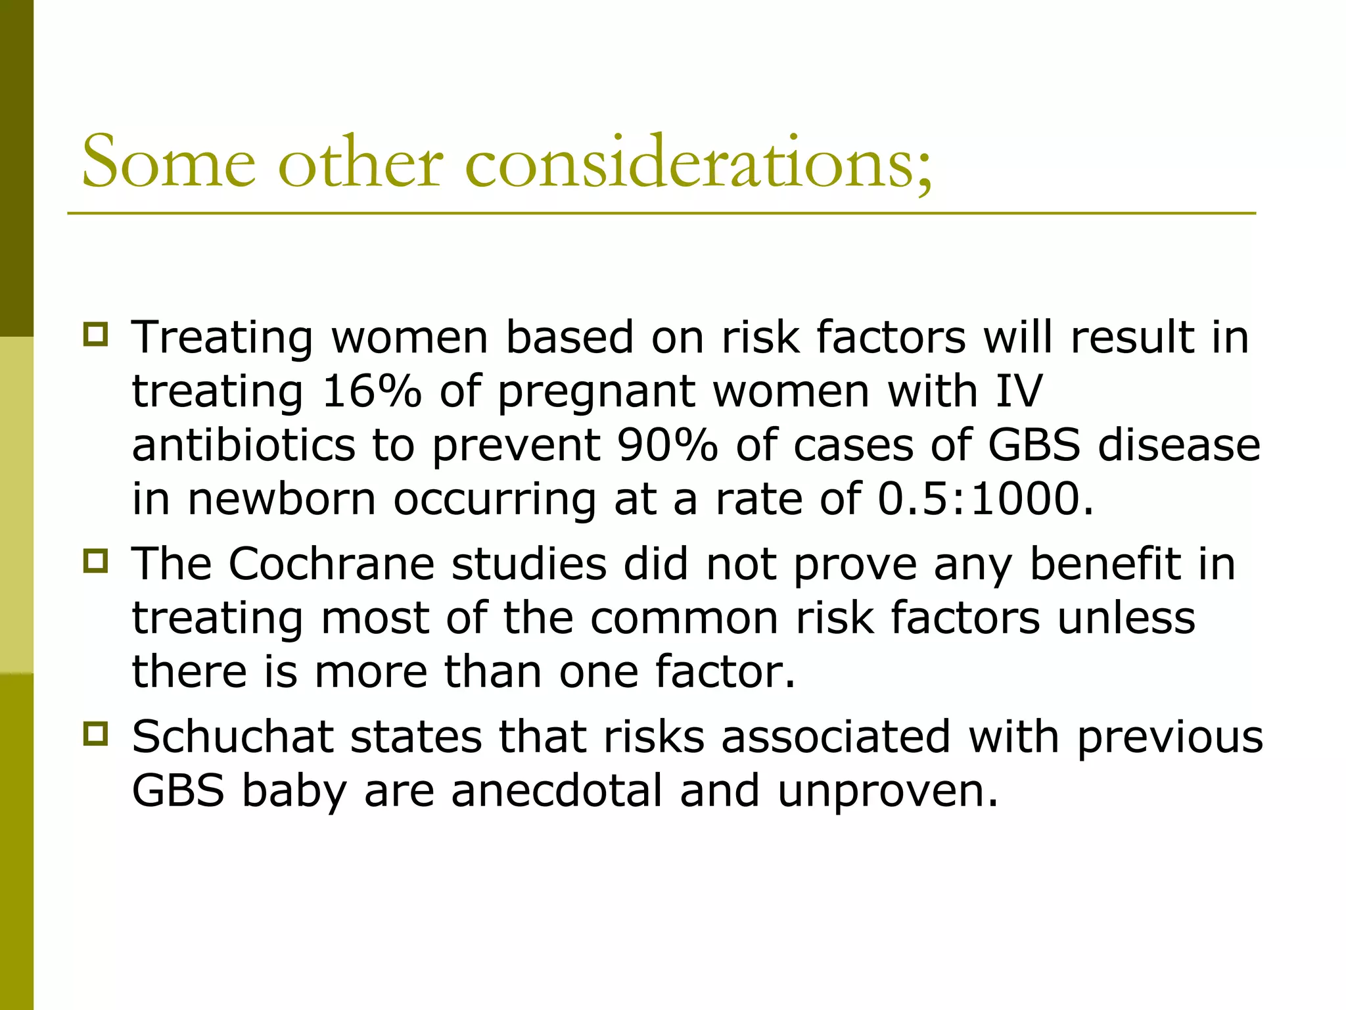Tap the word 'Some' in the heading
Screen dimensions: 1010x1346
click(x=168, y=163)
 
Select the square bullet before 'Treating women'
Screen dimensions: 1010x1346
click(x=95, y=333)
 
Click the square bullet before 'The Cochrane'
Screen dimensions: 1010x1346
click(x=95, y=561)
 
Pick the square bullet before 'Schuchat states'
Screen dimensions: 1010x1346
click(x=95, y=733)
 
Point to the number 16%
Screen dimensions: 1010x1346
click(x=371, y=391)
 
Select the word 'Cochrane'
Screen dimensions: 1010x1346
click(x=331, y=564)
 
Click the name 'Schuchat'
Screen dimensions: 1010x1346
click(x=233, y=736)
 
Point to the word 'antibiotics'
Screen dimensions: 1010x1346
click(x=243, y=445)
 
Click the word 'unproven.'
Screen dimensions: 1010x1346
click(x=887, y=792)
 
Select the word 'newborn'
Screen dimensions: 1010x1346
click(x=281, y=499)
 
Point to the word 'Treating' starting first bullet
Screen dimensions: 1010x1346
click(x=222, y=338)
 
